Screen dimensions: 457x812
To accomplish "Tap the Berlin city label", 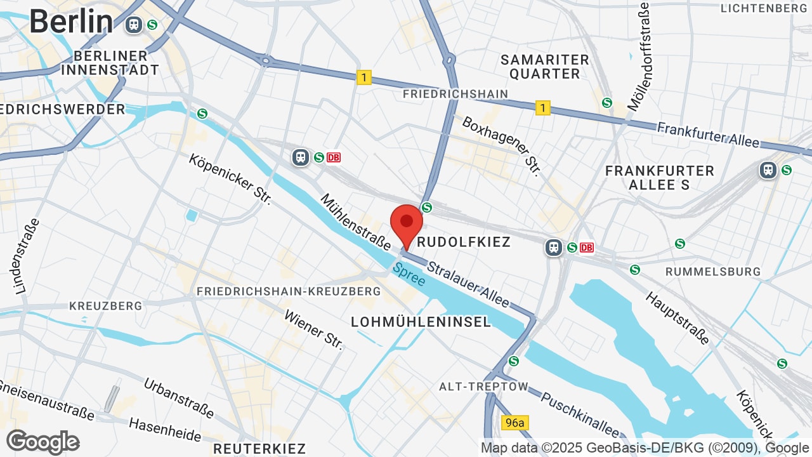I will pyautogui.click(x=71, y=22).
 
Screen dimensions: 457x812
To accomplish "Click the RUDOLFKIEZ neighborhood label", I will pyautogui.click(x=464, y=242).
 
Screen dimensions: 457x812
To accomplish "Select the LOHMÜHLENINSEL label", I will pyautogui.click(x=421, y=322).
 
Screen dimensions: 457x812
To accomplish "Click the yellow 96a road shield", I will pyautogui.click(x=514, y=423).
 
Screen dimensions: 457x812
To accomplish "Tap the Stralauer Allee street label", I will pyautogui.click(x=468, y=284).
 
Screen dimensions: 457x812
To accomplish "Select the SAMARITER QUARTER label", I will pyautogui.click(x=545, y=67).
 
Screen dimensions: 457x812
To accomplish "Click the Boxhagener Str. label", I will pyautogui.click(x=501, y=146).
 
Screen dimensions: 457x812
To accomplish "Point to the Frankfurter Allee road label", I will pyautogui.click(x=708, y=135).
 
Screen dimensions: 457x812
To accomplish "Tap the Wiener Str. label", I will pyautogui.click(x=313, y=330).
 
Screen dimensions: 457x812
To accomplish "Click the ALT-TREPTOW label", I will pyautogui.click(x=483, y=387).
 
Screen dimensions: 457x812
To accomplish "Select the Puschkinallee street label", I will pyautogui.click(x=579, y=414).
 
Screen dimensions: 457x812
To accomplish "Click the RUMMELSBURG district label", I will pyautogui.click(x=713, y=272).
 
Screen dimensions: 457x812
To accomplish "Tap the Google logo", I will pyautogui.click(x=43, y=442).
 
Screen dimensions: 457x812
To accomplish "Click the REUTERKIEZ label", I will pyautogui.click(x=259, y=449).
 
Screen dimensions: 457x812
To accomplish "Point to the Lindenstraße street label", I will pyautogui.click(x=27, y=256).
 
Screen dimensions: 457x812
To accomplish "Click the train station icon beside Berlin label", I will pyautogui.click(x=134, y=25).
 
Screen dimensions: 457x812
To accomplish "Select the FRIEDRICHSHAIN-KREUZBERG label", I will pyautogui.click(x=289, y=291).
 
